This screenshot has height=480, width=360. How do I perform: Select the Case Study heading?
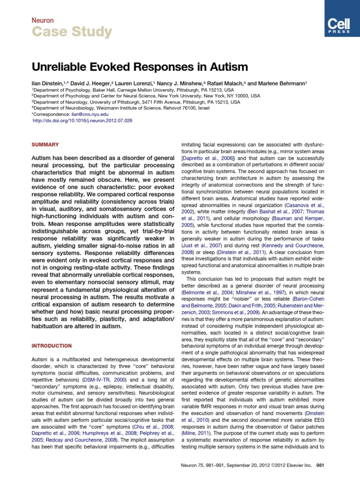pyautogui.click(x=72, y=32)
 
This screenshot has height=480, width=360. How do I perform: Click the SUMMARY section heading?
pyautogui.click(x=45, y=145)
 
